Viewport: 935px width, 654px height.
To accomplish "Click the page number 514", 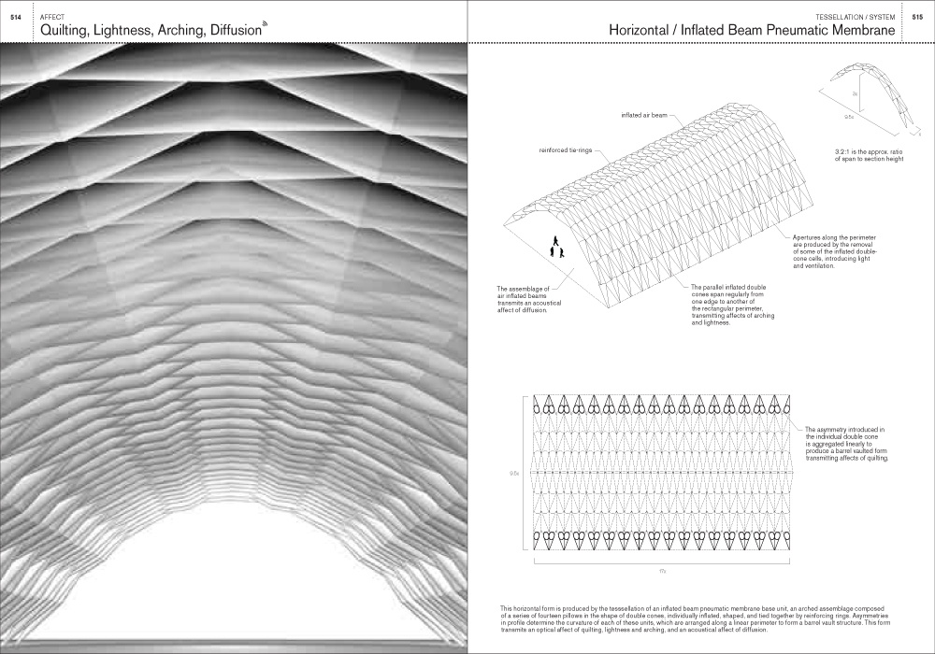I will (15, 17).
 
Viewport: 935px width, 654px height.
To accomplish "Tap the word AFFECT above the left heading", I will (52, 17).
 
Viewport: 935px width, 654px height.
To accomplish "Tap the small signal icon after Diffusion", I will (265, 23).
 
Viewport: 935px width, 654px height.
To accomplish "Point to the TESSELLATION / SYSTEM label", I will (855, 17).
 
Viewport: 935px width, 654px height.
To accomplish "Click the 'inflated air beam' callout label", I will (643, 117).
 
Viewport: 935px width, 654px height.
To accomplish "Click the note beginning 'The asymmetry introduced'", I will (844, 444).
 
